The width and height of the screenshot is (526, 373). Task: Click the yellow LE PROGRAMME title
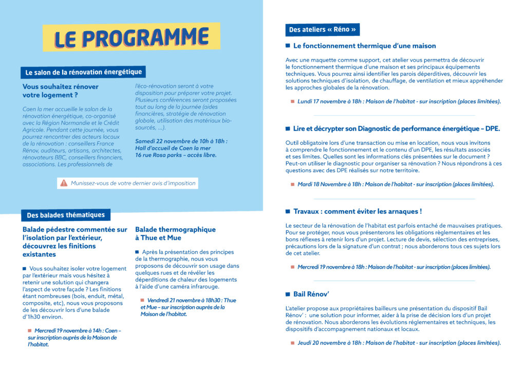coord(131,38)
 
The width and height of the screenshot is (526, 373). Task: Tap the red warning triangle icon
coord(64,183)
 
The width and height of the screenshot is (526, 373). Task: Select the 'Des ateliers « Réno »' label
coord(322,30)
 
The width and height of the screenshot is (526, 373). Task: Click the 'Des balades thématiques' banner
coord(66,215)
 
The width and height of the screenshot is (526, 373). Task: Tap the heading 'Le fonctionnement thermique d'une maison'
coord(365,46)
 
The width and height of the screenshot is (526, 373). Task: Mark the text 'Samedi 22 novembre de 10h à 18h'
coord(181,141)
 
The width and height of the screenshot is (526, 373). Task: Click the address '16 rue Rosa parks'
coord(160,155)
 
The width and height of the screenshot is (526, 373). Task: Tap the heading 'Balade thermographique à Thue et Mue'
coord(175,233)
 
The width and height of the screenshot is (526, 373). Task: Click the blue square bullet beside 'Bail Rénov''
coord(288,294)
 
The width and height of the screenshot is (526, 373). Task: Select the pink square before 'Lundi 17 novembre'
coord(292,101)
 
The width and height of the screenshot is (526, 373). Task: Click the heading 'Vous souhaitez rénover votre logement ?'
coord(61,90)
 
